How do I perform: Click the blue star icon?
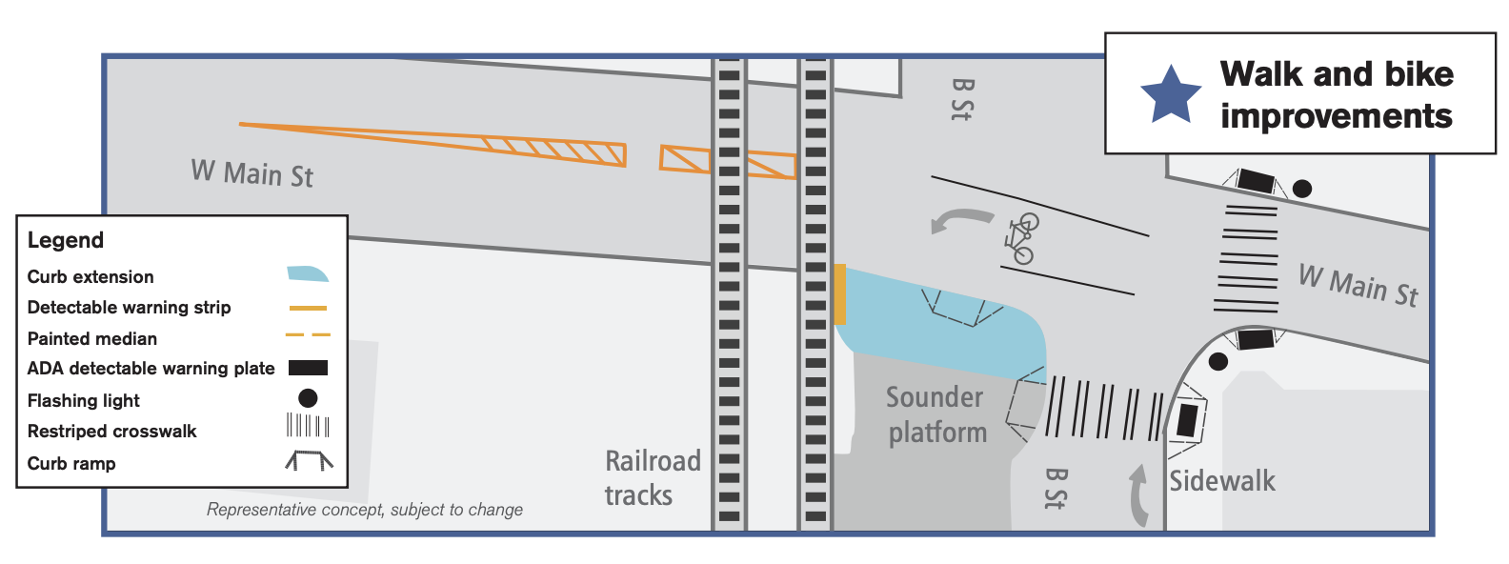click(x=1171, y=95)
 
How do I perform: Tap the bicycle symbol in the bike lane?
click(x=1020, y=238)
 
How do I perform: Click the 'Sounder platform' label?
click(x=936, y=414)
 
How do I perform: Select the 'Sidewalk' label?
click(x=1222, y=481)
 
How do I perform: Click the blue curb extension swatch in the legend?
click(x=308, y=274)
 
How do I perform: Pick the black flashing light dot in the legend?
click(x=308, y=398)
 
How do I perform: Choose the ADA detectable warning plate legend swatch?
click(x=308, y=368)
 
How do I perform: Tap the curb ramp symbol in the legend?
click(x=309, y=461)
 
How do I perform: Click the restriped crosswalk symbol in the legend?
click(x=308, y=426)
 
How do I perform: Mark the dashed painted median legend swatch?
click(x=308, y=335)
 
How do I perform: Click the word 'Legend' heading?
click(x=66, y=240)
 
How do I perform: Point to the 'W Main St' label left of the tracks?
click(x=252, y=173)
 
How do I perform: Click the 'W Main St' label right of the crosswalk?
click(x=1358, y=285)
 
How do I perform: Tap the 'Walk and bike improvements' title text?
click(x=1337, y=94)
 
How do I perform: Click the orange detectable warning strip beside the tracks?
click(x=839, y=295)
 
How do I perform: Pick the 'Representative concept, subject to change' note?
click(x=365, y=510)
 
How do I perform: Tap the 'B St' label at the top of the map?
click(x=962, y=99)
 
